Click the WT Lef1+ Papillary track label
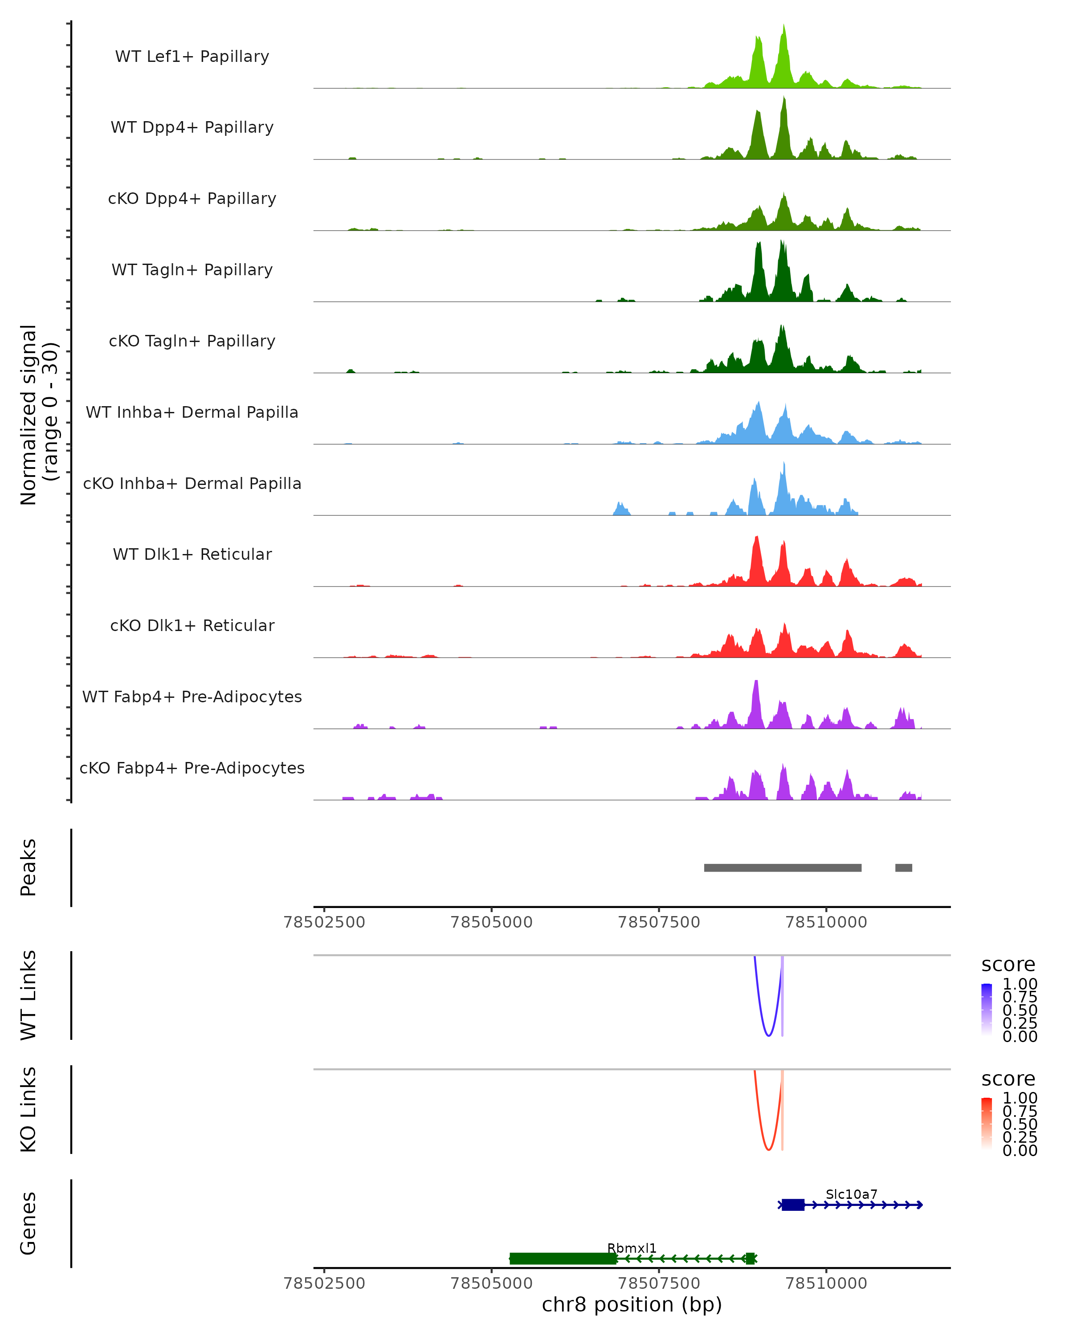pos(192,57)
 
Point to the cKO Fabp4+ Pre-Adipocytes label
pos(192,768)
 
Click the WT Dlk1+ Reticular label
pos(192,554)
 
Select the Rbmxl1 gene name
pos(632,1248)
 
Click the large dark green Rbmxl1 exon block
pos(563,1259)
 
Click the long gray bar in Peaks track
pos(782,868)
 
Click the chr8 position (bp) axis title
pos(632,1304)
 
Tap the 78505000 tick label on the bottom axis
pos(491,1283)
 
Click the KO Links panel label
pos(29,1109)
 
